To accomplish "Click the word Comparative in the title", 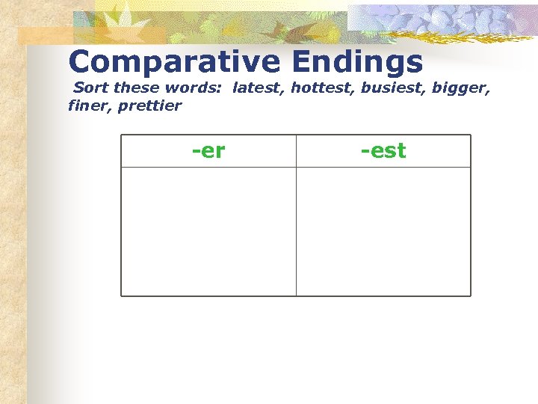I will pyautogui.click(x=172, y=62).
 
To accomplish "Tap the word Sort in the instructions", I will pyautogui.click(x=91, y=88).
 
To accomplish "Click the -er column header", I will pyautogui.click(x=208, y=150).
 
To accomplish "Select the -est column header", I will pyautogui.click(x=383, y=150).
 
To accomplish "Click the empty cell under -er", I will pyautogui.click(x=208, y=231).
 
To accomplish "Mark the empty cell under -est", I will pyautogui.click(x=383, y=231).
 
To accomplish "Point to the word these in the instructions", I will pyautogui.click(x=139, y=88).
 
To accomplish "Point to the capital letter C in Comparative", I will pyautogui.click(x=81, y=62).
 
